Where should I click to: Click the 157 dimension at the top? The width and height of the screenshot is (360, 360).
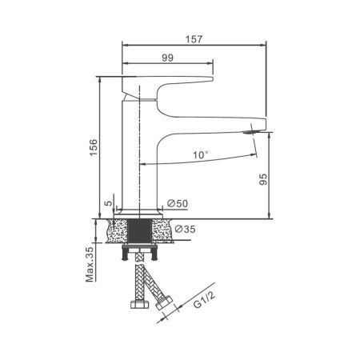pyautogui.click(x=192, y=36)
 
